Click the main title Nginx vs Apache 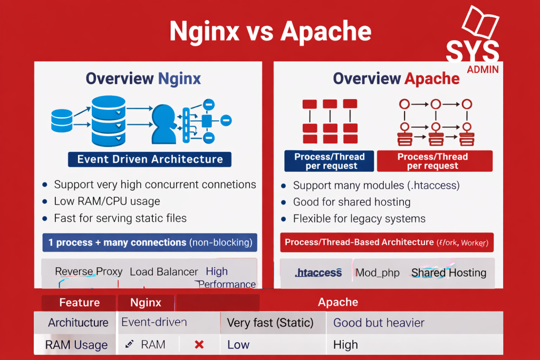pyautogui.click(x=270, y=31)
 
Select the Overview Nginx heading pyautogui.click(x=143, y=79)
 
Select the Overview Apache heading pyautogui.click(x=396, y=79)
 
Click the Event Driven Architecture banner pyautogui.click(x=150, y=159)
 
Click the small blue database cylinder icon pyautogui.click(x=61, y=121)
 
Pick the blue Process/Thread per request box pyautogui.click(x=329, y=161)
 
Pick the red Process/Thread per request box pyautogui.click(x=435, y=161)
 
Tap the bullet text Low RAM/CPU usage pyautogui.click(x=107, y=201)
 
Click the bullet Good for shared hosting pyautogui.click(x=351, y=202)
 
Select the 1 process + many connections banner pyautogui.click(x=150, y=242)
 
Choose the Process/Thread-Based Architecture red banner pyautogui.click(x=387, y=242)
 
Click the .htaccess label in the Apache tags pyautogui.click(x=318, y=273)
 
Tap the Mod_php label pyautogui.click(x=378, y=273)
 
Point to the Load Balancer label pyautogui.click(x=164, y=272)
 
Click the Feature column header pyautogui.click(x=79, y=303)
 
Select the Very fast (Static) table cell pyautogui.click(x=270, y=323)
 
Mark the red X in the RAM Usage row pyautogui.click(x=199, y=345)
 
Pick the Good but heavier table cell pyautogui.click(x=379, y=323)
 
